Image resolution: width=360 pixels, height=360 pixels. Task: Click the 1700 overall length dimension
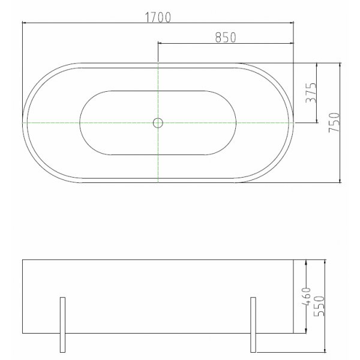[x=158, y=17]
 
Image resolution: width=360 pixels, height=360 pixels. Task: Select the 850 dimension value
[x=224, y=37]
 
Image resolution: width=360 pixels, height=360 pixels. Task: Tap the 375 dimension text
[x=311, y=92]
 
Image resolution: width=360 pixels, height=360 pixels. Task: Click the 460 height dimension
[x=304, y=297]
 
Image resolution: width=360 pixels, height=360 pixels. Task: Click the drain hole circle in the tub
[x=158, y=123]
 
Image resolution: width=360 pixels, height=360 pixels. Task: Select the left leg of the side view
[x=62, y=324]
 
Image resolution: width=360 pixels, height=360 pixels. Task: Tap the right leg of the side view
[x=253, y=324]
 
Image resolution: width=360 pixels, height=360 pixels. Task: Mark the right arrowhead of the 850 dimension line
[x=292, y=43]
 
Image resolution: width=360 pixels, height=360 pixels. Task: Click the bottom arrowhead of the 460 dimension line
[x=308, y=333]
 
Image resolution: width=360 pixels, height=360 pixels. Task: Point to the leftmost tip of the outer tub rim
[x=23, y=122]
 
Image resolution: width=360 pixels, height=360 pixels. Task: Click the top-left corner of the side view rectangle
[x=23, y=260]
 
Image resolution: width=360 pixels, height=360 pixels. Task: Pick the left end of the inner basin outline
[x=79, y=122]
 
